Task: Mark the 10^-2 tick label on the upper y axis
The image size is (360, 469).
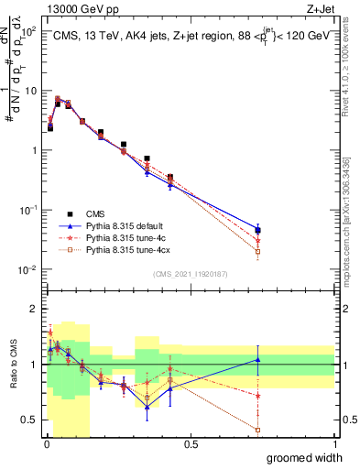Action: pos(25,269)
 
